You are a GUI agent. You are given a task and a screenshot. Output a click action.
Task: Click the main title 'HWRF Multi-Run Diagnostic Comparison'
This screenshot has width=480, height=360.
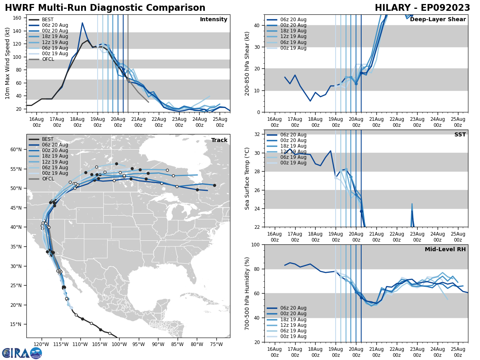point(105,8)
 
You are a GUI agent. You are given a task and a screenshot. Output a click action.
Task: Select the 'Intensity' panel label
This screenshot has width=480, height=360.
point(214,20)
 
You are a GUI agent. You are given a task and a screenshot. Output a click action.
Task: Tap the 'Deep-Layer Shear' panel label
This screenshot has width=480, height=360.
point(438,20)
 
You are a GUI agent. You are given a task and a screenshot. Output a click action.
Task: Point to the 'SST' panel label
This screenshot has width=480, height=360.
point(460,135)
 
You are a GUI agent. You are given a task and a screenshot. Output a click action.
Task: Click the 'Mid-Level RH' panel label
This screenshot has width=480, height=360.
point(445,250)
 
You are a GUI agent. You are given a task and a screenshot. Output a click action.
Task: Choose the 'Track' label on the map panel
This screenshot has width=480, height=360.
point(219,140)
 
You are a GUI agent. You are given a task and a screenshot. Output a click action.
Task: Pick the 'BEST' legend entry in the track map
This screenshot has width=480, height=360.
point(48,139)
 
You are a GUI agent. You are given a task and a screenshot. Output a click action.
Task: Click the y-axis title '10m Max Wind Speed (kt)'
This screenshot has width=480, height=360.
point(8,63)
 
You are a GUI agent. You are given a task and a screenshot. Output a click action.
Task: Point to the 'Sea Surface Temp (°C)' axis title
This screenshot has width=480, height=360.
point(247,178)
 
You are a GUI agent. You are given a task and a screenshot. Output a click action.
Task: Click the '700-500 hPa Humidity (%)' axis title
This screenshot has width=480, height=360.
point(247,293)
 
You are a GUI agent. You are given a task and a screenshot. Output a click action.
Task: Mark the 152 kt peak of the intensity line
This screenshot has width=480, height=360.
point(82,23)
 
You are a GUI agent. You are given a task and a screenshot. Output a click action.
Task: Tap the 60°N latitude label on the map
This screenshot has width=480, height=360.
point(16,150)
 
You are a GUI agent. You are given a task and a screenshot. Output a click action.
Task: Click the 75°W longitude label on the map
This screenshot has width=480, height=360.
point(216,344)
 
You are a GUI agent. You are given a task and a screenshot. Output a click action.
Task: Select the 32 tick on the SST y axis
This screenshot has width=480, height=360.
point(258,134)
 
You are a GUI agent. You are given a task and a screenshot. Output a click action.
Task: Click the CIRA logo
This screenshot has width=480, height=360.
point(22,353)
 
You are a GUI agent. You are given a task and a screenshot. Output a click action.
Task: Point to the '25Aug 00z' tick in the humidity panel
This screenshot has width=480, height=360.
point(458,352)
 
